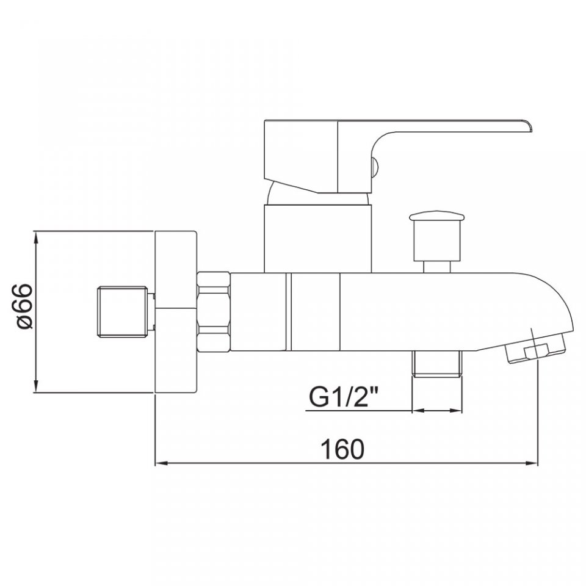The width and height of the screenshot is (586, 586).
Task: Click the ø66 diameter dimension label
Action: coord(25,306)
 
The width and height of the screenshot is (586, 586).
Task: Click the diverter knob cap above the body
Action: coord(436,216)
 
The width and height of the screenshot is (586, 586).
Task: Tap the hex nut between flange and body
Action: coord(213,312)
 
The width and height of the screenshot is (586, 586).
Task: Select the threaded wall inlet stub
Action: coord(123,312)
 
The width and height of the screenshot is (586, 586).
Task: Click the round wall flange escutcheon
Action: coord(176,312)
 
